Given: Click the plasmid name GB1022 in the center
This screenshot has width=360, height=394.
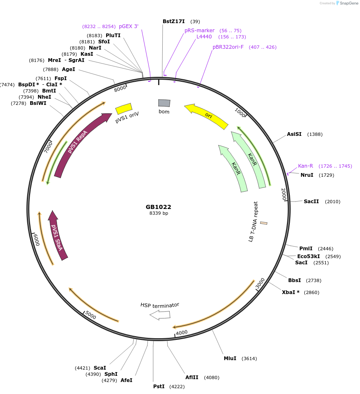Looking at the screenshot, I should (158, 207).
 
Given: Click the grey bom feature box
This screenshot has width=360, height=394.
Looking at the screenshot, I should (164, 103).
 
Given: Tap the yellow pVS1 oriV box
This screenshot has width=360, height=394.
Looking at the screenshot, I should (123, 109).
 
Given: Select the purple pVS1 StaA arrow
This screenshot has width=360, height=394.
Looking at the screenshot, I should (57, 235).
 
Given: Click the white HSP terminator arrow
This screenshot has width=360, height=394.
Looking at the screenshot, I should (160, 315).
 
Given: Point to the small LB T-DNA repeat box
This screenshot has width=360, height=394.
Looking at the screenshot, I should (263, 223).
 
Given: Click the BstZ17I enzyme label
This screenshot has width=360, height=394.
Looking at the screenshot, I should (173, 21).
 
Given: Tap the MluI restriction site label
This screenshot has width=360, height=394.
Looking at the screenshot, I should (230, 358).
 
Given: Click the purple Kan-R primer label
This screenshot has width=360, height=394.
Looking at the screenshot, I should (306, 166).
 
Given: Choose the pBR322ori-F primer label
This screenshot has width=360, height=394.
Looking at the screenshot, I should (228, 47).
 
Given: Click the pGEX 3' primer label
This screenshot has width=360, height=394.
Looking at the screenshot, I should (128, 26).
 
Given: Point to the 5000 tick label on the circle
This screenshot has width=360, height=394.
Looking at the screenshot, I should (90, 316).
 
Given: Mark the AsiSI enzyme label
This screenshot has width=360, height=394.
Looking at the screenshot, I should (294, 134).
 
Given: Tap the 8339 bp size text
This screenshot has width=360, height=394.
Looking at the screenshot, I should (159, 214).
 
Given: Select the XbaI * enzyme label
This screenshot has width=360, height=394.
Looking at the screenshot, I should (291, 292).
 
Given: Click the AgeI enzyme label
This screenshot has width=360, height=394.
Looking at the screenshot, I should (69, 69).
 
